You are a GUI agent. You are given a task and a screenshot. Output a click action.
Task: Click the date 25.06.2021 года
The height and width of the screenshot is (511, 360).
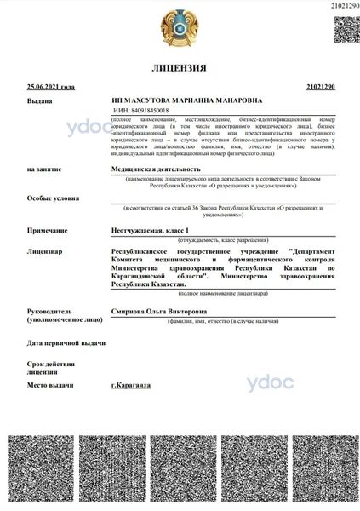[x=51, y=87]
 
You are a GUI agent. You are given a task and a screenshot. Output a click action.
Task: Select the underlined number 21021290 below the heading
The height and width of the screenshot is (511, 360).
[x=319, y=87]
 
